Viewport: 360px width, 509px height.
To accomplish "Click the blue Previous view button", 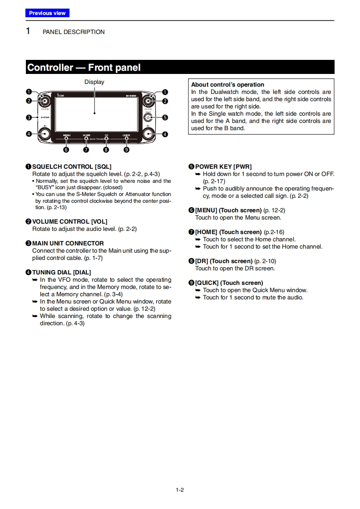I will tap(47, 13).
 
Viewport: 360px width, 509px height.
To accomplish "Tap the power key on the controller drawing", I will tap(148, 117).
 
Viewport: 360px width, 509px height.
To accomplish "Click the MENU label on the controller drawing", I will tap(67, 135).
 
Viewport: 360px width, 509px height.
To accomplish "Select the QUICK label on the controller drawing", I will tap(126, 135).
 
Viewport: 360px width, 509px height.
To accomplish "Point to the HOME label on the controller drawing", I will tap(86, 135).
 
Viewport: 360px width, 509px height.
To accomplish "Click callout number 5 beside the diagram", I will tap(165, 117).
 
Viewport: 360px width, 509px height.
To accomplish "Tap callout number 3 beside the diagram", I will tap(29, 117).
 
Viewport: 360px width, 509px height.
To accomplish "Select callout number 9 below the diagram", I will tap(126, 149).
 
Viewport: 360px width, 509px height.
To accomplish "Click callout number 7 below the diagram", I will tap(86, 149).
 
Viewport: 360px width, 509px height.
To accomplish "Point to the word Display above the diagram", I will tap(94, 82).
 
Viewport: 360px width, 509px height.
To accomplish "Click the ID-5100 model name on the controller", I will tap(131, 96).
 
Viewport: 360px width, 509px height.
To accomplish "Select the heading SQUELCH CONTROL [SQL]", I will tap(72, 166).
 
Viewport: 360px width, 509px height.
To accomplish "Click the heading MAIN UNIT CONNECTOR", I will tap(68, 243).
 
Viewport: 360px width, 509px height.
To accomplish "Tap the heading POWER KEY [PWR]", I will tap(223, 166).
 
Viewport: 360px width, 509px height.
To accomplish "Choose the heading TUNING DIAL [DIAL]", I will tap(61, 272).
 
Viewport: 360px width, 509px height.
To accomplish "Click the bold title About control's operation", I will tap(227, 84).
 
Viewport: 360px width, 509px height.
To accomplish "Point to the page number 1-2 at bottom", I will tap(180, 489).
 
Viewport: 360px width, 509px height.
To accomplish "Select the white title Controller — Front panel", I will tap(84, 68).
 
